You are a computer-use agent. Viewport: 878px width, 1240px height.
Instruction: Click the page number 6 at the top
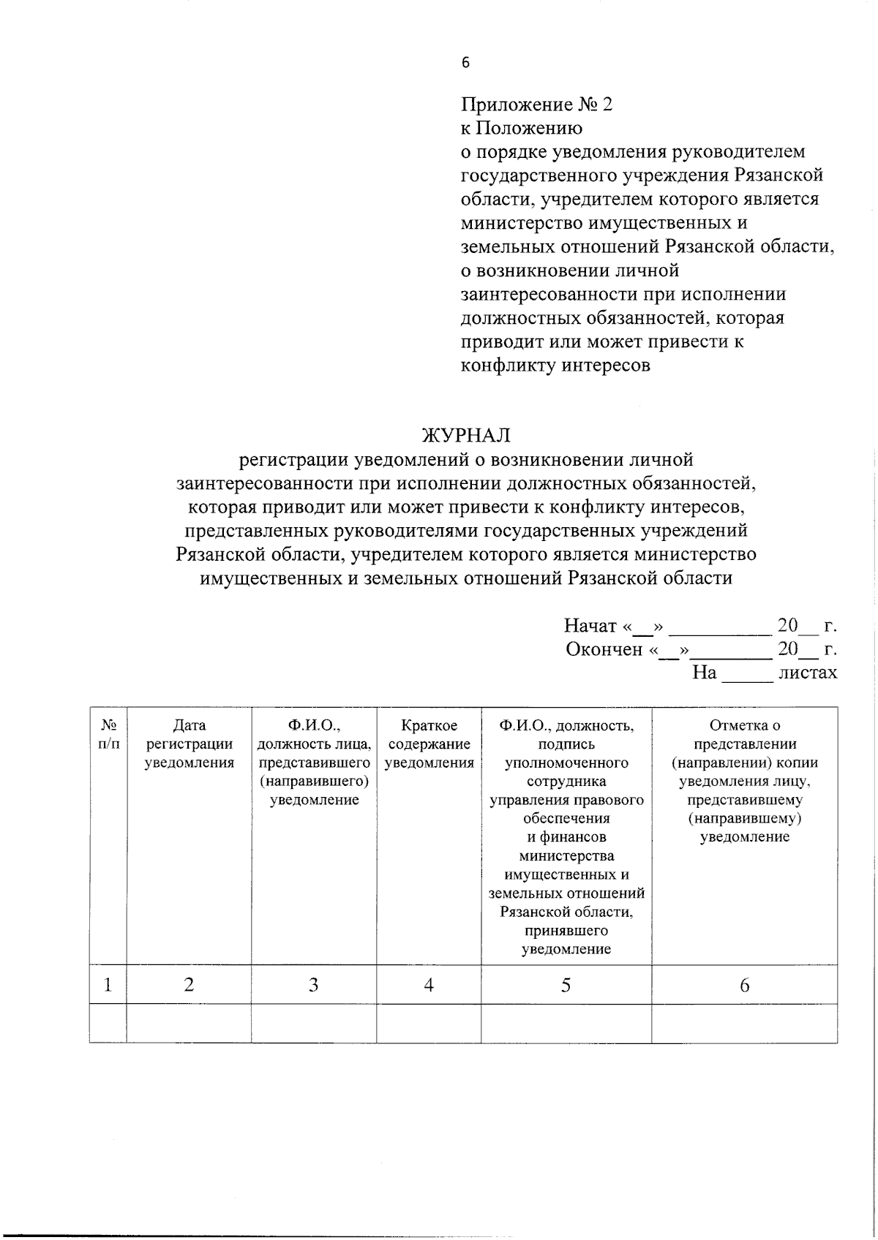[x=465, y=63]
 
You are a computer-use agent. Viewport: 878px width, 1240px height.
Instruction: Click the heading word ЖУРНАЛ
[x=465, y=436]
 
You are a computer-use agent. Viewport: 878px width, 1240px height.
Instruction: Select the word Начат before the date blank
[x=590, y=626]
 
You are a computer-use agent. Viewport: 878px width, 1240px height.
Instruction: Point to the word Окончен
[x=604, y=649]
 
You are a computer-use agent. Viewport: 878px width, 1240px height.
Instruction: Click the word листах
[x=807, y=673]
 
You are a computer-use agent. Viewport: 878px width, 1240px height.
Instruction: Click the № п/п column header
[x=108, y=735]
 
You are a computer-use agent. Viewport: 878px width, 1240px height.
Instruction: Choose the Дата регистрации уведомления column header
[x=189, y=744]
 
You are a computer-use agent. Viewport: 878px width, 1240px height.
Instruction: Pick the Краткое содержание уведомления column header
[x=429, y=744]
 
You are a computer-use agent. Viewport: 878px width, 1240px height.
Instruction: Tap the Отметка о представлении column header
[x=744, y=781]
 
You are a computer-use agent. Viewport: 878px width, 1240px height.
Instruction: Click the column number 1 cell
[x=108, y=985]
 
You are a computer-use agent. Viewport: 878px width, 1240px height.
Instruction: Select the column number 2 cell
[x=189, y=985]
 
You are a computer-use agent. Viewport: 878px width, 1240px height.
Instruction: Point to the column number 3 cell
[x=313, y=985]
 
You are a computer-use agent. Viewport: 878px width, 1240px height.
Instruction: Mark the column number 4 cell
[x=429, y=985]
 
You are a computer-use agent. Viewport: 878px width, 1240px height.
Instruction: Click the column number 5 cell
[x=566, y=985]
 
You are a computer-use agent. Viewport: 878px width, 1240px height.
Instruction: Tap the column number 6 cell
[x=744, y=985]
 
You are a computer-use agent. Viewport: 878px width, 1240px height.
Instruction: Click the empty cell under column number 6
[x=744, y=1023]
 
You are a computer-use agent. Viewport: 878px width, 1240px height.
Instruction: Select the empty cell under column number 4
[x=429, y=1023]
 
